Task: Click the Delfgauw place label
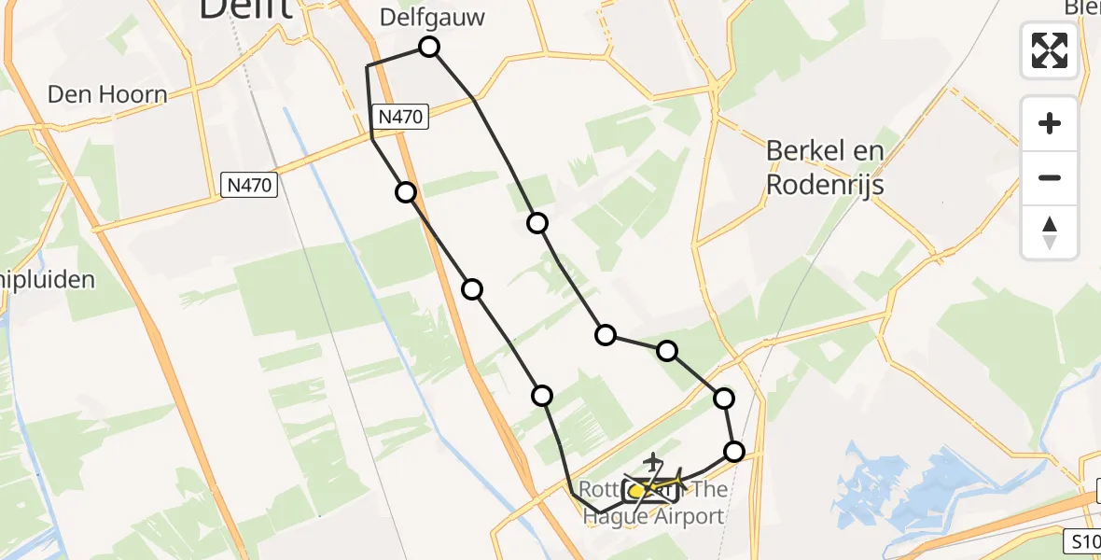[x=433, y=17]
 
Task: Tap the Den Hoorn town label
[x=107, y=94]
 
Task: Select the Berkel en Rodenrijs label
[x=824, y=167]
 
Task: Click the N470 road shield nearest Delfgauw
[x=402, y=117]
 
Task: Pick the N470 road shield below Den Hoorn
[x=250, y=185]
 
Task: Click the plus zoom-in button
[x=1050, y=124]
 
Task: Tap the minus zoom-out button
[x=1050, y=178]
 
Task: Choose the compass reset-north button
[x=1050, y=232]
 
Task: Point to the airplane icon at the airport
[x=654, y=461]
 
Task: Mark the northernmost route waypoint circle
[x=429, y=47]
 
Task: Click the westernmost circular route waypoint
[x=406, y=192]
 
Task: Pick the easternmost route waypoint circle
[x=734, y=452]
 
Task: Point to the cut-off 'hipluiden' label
[x=47, y=279]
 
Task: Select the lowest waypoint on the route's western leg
[x=542, y=396]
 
